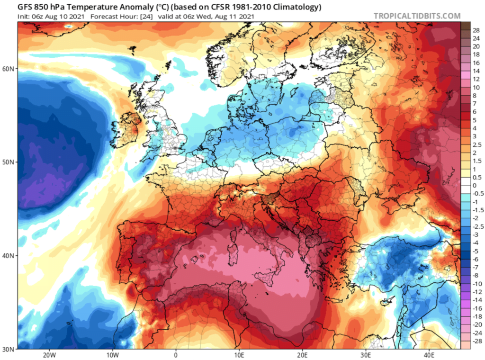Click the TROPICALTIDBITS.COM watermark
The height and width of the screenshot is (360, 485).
click(x=417, y=16)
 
